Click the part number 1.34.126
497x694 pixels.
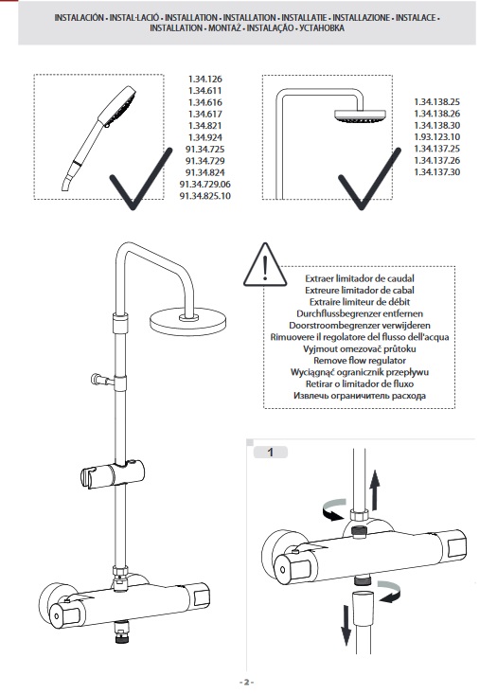[x=204, y=80]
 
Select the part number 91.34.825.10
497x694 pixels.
[x=204, y=196]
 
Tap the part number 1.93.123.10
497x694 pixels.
[x=436, y=136]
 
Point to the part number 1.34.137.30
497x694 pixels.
[x=436, y=171]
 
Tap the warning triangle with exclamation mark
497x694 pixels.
[x=265, y=265]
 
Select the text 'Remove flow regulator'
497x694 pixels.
[x=360, y=361]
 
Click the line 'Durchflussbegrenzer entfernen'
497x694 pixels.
[x=360, y=313]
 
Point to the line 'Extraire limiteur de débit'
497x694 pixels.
[x=360, y=302]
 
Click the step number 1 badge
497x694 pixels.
[x=271, y=452]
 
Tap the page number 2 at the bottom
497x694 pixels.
[x=247, y=682]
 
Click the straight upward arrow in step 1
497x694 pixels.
[x=375, y=490]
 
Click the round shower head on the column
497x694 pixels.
[x=188, y=320]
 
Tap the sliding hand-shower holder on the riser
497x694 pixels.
[x=113, y=474]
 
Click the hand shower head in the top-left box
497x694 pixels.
[x=117, y=105]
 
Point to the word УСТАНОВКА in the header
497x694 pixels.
[x=322, y=27]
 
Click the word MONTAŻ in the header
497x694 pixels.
[x=224, y=27]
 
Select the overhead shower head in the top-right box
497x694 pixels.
[x=360, y=116]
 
